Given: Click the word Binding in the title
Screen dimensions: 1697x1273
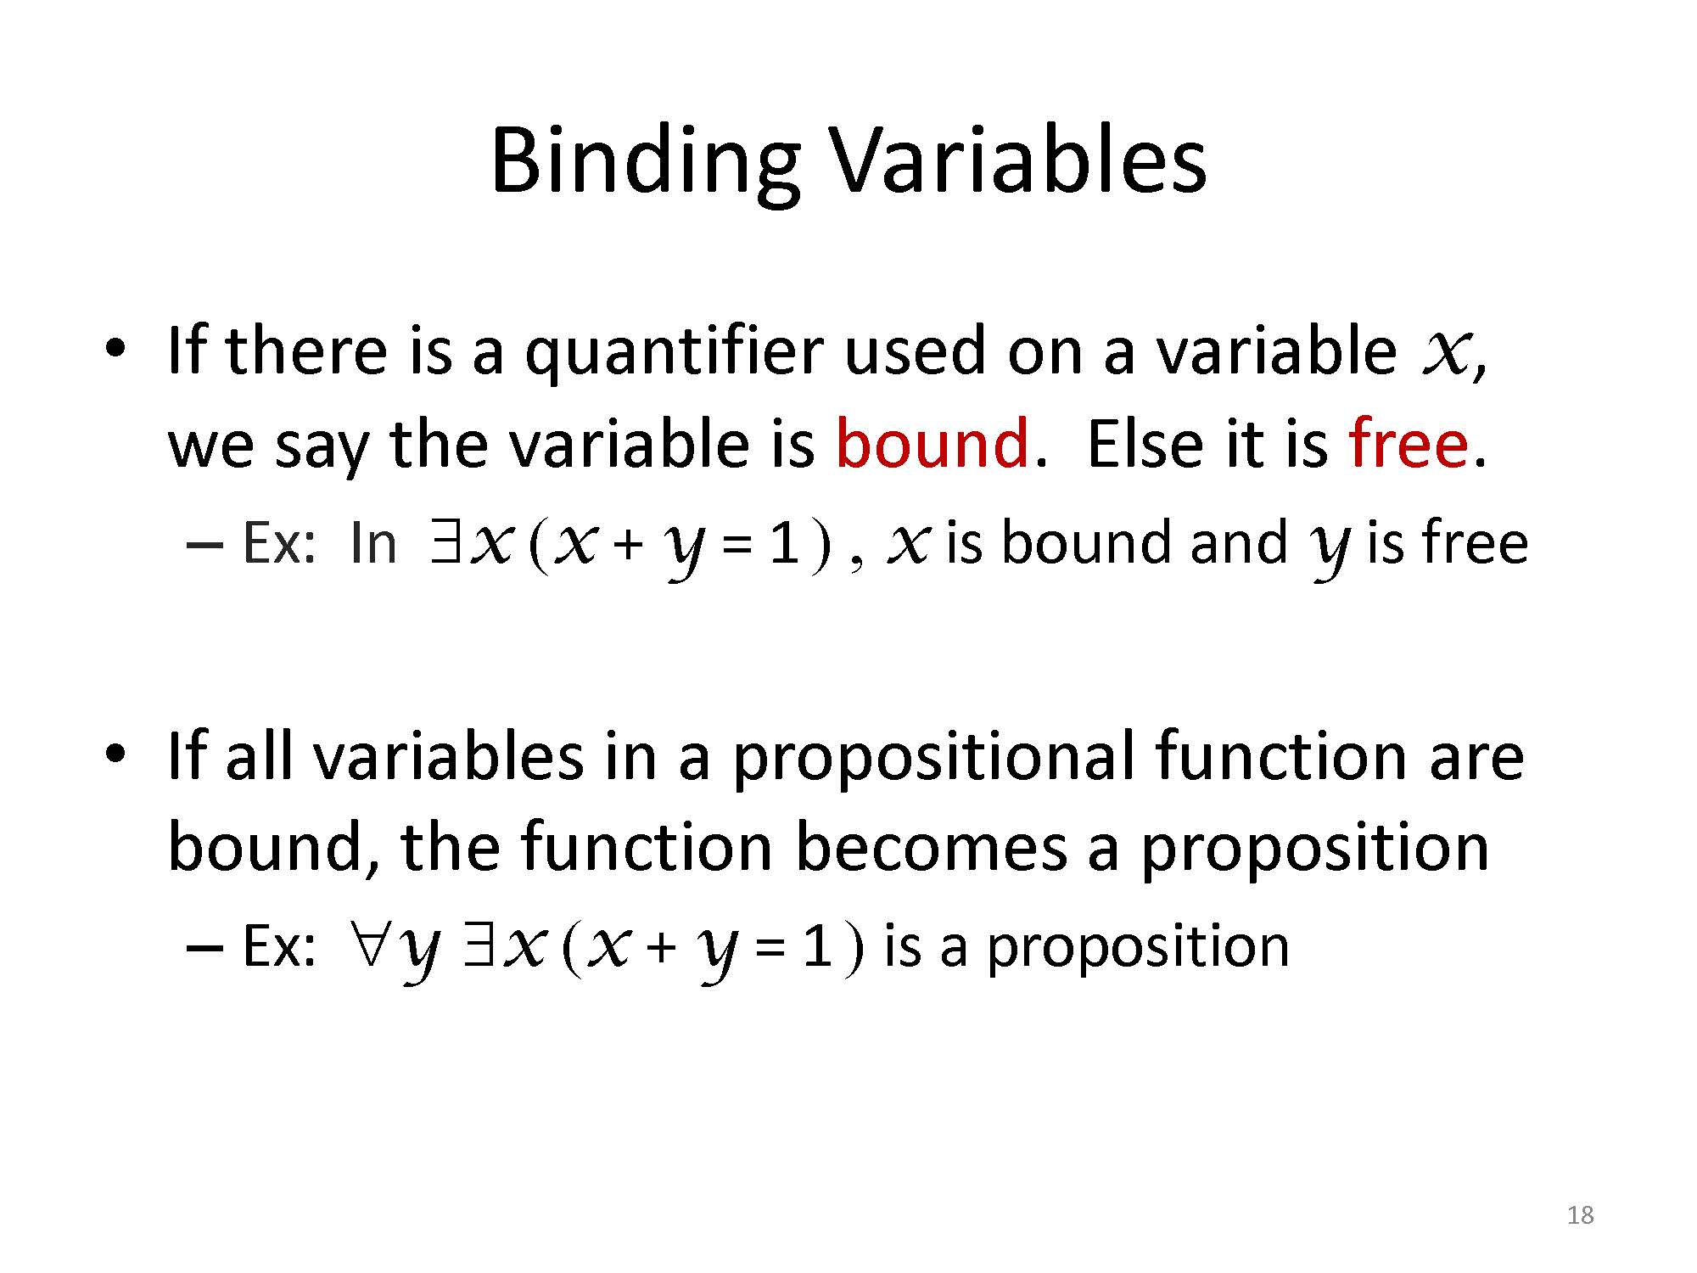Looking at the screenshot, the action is point(645,164).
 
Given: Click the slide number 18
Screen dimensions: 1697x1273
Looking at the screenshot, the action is point(1580,1215).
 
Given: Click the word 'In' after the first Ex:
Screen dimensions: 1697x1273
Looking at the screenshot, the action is point(372,543).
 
